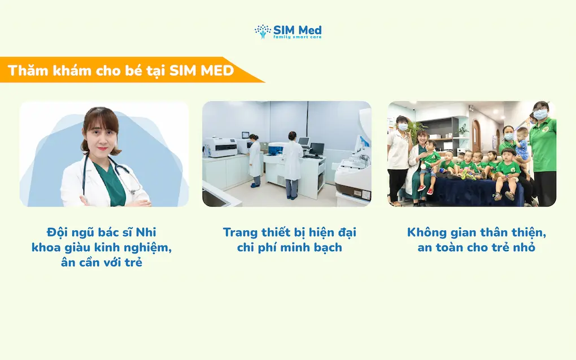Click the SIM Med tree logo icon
(263, 32)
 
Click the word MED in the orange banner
(217, 70)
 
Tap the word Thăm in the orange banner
(28, 70)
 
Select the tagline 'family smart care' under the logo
(297, 37)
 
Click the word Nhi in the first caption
(146, 232)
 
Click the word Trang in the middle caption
(240, 233)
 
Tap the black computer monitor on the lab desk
(317, 148)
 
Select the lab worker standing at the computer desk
(293, 164)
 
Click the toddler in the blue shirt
(521, 143)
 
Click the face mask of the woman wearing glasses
(540, 115)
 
